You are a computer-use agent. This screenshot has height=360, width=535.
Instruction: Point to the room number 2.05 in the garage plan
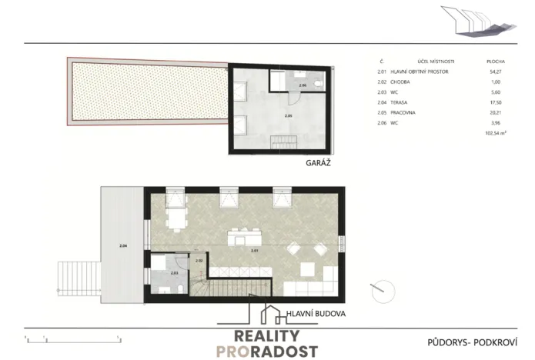pyautogui.click(x=288, y=115)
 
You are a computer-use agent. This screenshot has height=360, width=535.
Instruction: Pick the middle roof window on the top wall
pyautogui.click(x=229, y=198)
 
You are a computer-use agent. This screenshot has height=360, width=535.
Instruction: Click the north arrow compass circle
pyautogui.click(x=383, y=292)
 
